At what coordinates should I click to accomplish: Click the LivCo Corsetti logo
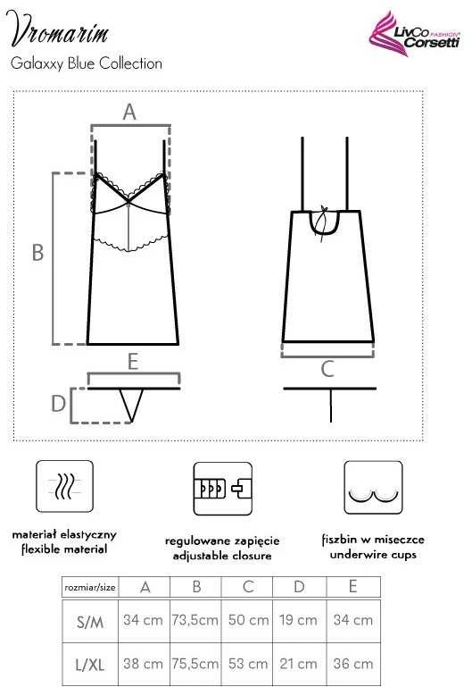coord(414,34)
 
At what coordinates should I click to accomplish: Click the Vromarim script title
coord(58,29)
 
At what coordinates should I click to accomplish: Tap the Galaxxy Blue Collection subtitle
coord(87,63)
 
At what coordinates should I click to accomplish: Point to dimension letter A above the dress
coord(129,113)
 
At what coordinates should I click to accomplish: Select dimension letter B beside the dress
coord(38,253)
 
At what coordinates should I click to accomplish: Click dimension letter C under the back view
coord(327,369)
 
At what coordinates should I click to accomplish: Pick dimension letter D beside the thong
coord(58,404)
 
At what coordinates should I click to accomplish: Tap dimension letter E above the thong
coord(133,362)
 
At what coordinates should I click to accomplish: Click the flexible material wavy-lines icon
coord(64,486)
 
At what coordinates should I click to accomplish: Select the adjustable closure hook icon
coord(223,489)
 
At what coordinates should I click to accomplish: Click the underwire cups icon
coord(373,487)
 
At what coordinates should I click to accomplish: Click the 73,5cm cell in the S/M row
coord(195,620)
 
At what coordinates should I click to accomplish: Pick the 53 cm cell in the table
coord(248,664)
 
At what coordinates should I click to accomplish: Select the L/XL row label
coord(90,665)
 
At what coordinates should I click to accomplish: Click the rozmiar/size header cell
coord(90,587)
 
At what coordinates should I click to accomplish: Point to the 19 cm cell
coord(298,620)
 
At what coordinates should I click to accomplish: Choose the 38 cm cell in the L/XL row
coord(143,664)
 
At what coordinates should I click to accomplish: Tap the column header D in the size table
coord(299,587)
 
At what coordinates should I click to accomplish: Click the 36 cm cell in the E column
coord(353,664)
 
